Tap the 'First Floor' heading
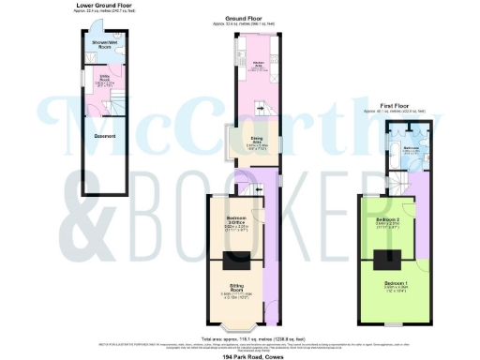(394, 107)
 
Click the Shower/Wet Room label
(105, 44)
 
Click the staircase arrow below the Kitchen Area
(261, 111)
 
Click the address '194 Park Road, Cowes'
(240, 354)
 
